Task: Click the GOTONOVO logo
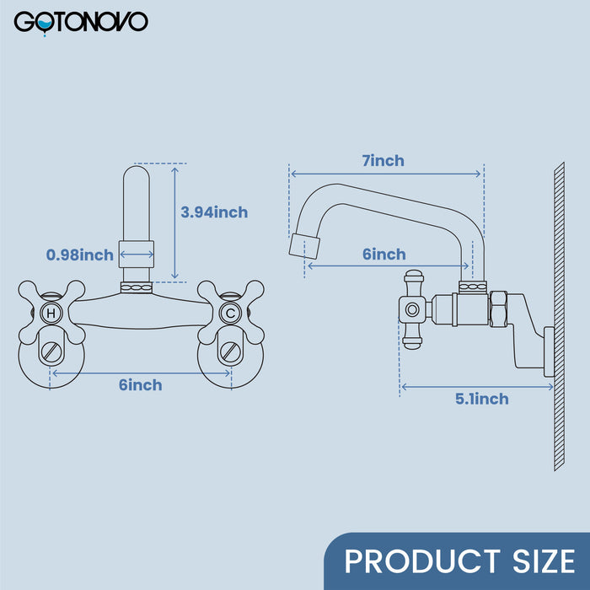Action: pyautogui.click(x=81, y=23)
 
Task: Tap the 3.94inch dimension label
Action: pyautogui.click(x=214, y=212)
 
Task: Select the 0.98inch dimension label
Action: pyautogui.click(x=80, y=255)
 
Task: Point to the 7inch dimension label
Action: pyautogui.click(x=383, y=161)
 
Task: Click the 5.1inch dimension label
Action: pyautogui.click(x=481, y=399)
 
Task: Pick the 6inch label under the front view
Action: pyautogui.click(x=141, y=385)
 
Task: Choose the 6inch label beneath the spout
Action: pyautogui.click(x=384, y=255)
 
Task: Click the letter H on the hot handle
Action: pyautogui.click(x=51, y=313)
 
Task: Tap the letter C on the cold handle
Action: pyautogui.click(x=231, y=313)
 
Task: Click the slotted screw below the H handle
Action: pyautogui.click(x=51, y=352)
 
